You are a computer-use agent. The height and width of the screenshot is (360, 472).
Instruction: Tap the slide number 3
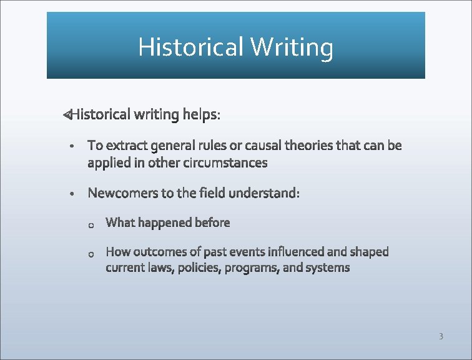[441, 337]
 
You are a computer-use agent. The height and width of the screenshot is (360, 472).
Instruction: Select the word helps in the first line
[201, 114]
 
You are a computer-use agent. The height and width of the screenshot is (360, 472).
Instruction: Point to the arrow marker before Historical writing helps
[67, 114]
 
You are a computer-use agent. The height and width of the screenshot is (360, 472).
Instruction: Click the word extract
[125, 146]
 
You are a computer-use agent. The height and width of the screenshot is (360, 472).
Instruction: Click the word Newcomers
[123, 193]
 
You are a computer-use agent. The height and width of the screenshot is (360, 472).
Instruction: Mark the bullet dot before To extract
[73, 147]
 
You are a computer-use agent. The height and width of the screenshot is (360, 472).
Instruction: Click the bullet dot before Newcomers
[73, 194]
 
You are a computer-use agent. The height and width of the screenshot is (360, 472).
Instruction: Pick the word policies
[201, 268]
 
